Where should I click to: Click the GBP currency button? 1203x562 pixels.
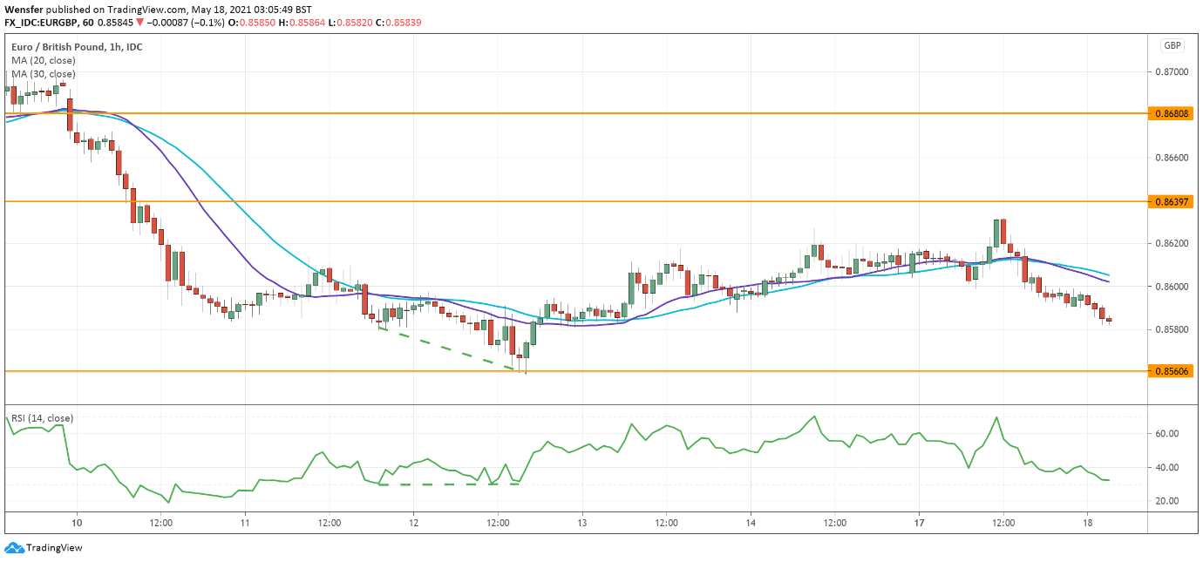point(1172,46)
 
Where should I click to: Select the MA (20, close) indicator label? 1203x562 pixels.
point(44,61)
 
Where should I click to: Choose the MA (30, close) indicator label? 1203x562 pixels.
point(44,74)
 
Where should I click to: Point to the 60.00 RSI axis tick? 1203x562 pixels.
point(1167,434)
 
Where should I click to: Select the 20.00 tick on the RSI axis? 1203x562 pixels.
point(1167,501)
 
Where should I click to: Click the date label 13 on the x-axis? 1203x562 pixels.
point(581,524)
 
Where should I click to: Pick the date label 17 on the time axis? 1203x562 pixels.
point(918,524)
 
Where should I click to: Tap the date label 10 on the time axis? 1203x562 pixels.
point(77,524)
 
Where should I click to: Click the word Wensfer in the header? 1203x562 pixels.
point(24,9)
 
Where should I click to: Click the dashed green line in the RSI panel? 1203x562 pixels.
point(449,484)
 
